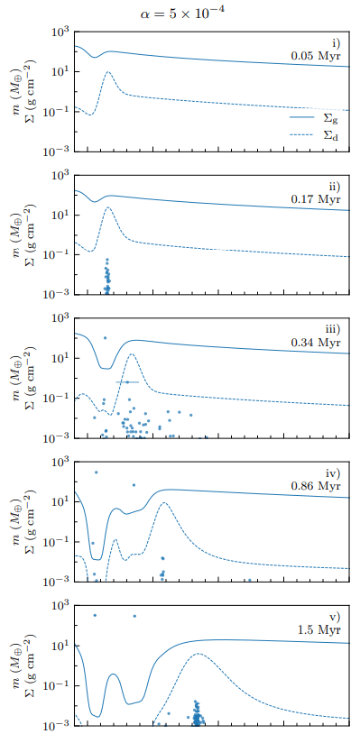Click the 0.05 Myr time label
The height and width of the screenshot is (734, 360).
tap(315, 56)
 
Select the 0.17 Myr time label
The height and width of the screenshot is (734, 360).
tap(315, 199)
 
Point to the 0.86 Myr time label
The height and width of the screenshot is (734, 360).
tap(315, 486)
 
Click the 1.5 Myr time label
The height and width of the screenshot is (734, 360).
tap(318, 629)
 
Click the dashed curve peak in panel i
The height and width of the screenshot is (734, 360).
tap(108, 72)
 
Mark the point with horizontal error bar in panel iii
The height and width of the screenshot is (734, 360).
tap(127, 382)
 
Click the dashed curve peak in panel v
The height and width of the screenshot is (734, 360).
tap(196, 655)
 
